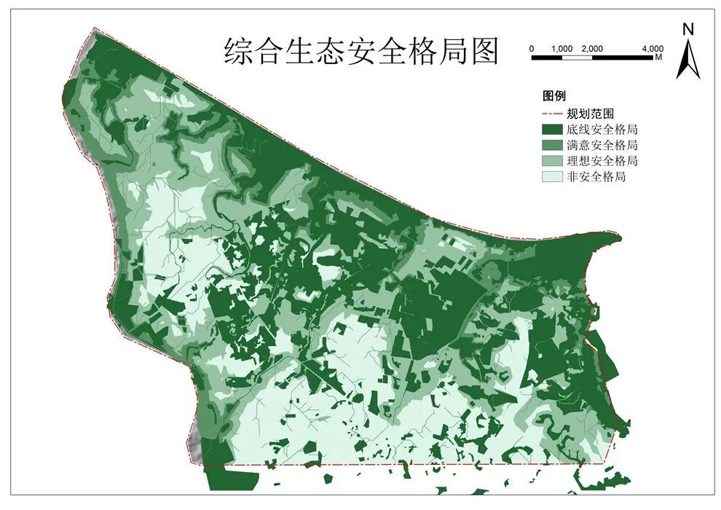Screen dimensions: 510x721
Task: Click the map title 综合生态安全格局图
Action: pyautogui.click(x=361, y=52)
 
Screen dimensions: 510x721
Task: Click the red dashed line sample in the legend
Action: pyautogui.click(x=551, y=114)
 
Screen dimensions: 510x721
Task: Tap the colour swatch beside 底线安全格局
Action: pyautogui.click(x=551, y=130)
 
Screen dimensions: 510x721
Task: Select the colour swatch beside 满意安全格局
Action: pyautogui.click(x=551, y=145)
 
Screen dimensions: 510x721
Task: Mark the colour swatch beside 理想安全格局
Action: pyautogui.click(x=551, y=160)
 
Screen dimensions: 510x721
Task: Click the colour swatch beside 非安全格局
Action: pyautogui.click(x=551, y=176)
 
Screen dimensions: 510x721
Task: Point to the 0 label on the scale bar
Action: pyautogui.click(x=532, y=48)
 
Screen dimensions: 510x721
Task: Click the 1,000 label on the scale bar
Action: pyautogui.click(x=562, y=48)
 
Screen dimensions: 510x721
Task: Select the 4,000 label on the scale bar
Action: pyautogui.click(x=653, y=48)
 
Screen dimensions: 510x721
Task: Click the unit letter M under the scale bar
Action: pyautogui.click(x=658, y=56)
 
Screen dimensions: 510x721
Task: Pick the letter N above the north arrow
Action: pyautogui.click(x=687, y=29)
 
